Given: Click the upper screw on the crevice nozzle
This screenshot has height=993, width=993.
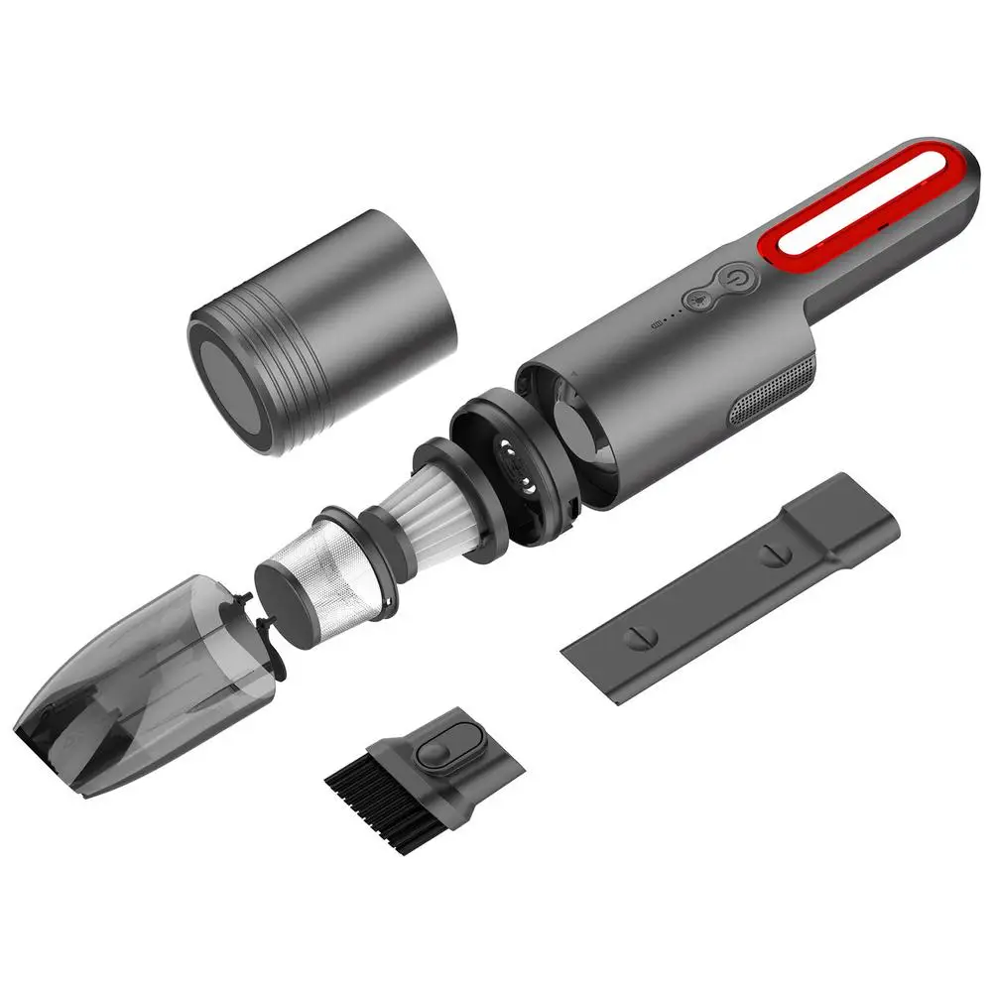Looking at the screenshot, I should tap(771, 554).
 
